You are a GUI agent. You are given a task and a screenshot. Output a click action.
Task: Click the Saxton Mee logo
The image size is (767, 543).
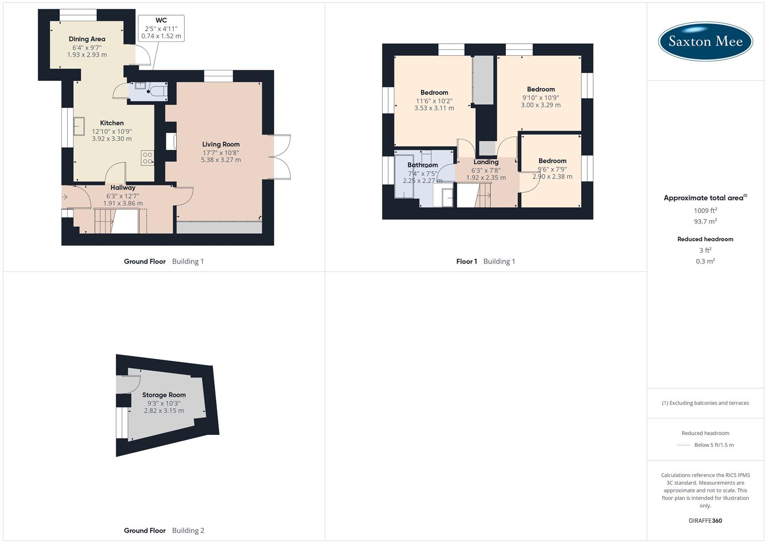click(705, 41)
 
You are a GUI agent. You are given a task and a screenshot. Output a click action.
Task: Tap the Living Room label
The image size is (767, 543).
click(221, 144)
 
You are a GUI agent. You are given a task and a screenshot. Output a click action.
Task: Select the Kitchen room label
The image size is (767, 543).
click(112, 123)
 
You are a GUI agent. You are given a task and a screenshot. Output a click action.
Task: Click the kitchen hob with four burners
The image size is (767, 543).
click(148, 158)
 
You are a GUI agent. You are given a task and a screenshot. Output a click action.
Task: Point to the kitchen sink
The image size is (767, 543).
click(79, 126)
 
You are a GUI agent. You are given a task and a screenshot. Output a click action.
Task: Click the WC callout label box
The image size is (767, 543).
click(161, 28)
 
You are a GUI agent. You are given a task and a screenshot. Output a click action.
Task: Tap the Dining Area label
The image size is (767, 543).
click(87, 39)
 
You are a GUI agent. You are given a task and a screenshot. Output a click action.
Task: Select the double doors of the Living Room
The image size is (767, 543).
click(282, 157)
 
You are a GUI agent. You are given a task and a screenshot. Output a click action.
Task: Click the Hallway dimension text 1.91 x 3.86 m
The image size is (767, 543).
click(123, 204)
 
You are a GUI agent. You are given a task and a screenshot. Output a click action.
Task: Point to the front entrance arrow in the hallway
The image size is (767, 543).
click(64, 198)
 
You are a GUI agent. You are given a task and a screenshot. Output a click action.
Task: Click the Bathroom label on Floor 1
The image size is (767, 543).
click(422, 165)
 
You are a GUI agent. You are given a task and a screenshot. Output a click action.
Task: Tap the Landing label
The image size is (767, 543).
click(486, 162)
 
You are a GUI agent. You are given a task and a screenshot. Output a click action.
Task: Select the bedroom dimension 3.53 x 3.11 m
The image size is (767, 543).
click(434, 108)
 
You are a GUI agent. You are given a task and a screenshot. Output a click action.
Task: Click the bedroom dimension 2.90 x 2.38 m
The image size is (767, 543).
click(552, 176)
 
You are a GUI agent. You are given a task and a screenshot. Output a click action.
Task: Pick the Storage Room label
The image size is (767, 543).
click(164, 395)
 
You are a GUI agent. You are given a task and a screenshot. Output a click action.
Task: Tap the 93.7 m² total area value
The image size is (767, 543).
click(705, 221)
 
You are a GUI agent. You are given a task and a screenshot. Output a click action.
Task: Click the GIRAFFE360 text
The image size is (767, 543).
click(705, 521)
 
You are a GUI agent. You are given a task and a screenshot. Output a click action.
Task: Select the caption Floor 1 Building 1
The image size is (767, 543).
click(485, 261)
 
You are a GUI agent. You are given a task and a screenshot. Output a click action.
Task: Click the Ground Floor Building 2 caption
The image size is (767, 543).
click(164, 530)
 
